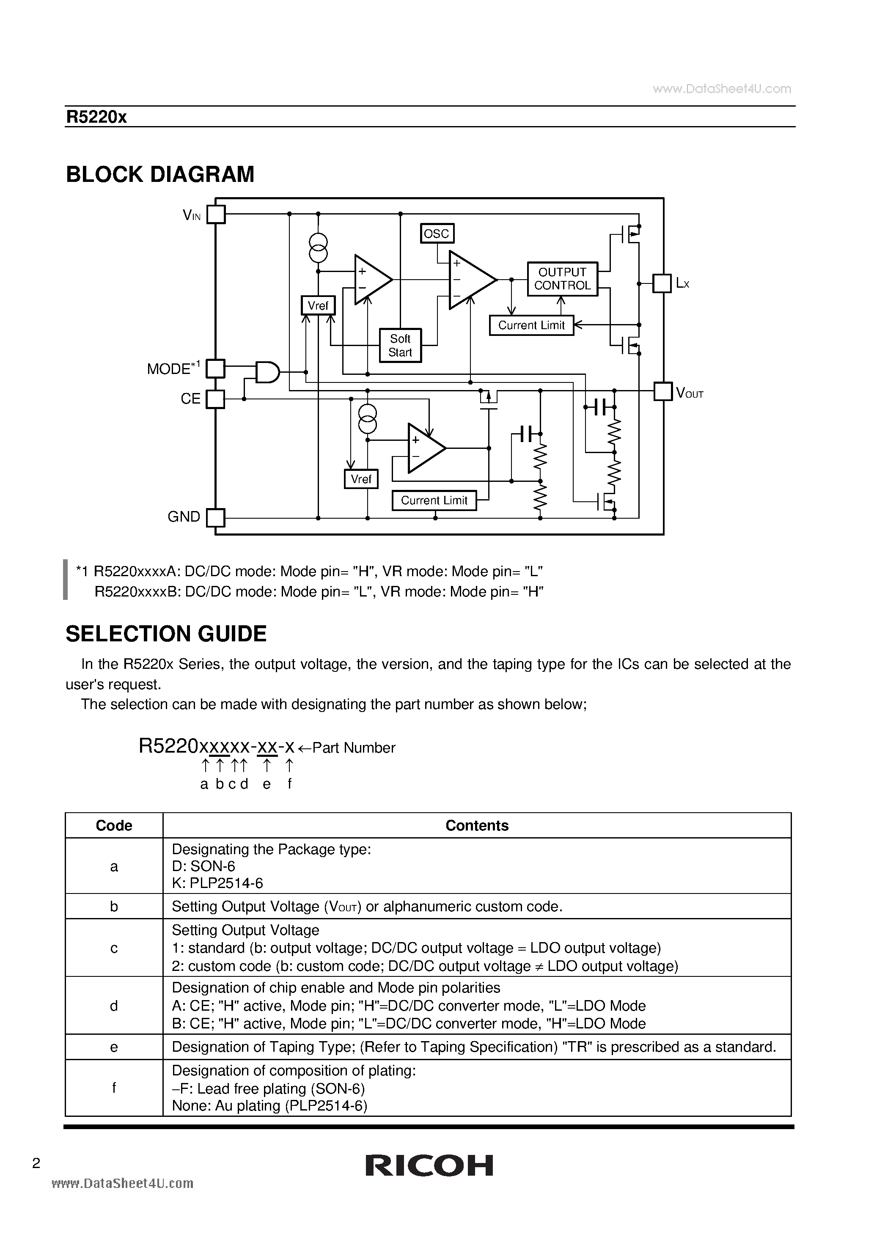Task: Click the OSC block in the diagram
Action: pos(437,233)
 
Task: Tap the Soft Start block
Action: pos(400,345)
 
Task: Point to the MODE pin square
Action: pos(215,368)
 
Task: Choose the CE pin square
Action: pos(215,399)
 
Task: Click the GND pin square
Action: pos(215,518)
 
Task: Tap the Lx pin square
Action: pos(662,283)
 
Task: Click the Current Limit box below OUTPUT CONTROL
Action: pos(531,325)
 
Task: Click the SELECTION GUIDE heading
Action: pos(166,634)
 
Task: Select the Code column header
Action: pos(114,825)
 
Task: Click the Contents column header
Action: pos(477,825)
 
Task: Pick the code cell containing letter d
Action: pos(114,1006)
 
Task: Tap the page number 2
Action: pos(36,1163)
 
